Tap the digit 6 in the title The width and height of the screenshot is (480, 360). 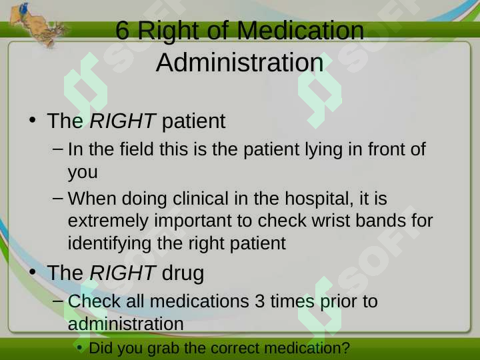(x=123, y=30)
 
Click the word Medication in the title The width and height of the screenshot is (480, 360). (x=300, y=30)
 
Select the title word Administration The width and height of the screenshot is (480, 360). (x=240, y=63)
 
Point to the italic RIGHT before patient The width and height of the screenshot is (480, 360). (x=123, y=121)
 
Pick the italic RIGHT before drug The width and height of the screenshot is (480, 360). (x=123, y=273)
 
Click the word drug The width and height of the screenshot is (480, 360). (x=183, y=273)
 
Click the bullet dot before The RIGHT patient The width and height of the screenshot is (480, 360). (x=32, y=120)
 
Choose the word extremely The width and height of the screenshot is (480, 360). (x=108, y=221)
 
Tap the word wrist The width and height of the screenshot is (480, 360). (x=331, y=221)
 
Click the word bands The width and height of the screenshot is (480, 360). (x=381, y=221)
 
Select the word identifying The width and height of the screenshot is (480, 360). (x=109, y=244)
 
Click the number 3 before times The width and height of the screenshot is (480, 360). (x=259, y=301)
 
